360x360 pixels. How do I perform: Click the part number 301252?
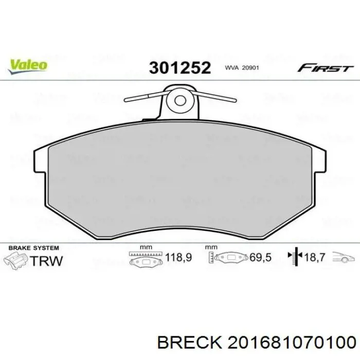pyautogui.click(x=180, y=68)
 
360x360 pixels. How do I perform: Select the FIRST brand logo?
pyautogui.click(x=325, y=68)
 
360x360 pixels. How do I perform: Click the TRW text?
pyautogui.click(x=47, y=260)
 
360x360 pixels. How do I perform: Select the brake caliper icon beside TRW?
pyautogui.click(x=15, y=260)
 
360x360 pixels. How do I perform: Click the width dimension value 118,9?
pyautogui.click(x=177, y=258)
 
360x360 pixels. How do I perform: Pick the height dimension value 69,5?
pyautogui.click(x=260, y=258)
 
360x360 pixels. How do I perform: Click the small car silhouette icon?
pyautogui.click(x=344, y=258)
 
